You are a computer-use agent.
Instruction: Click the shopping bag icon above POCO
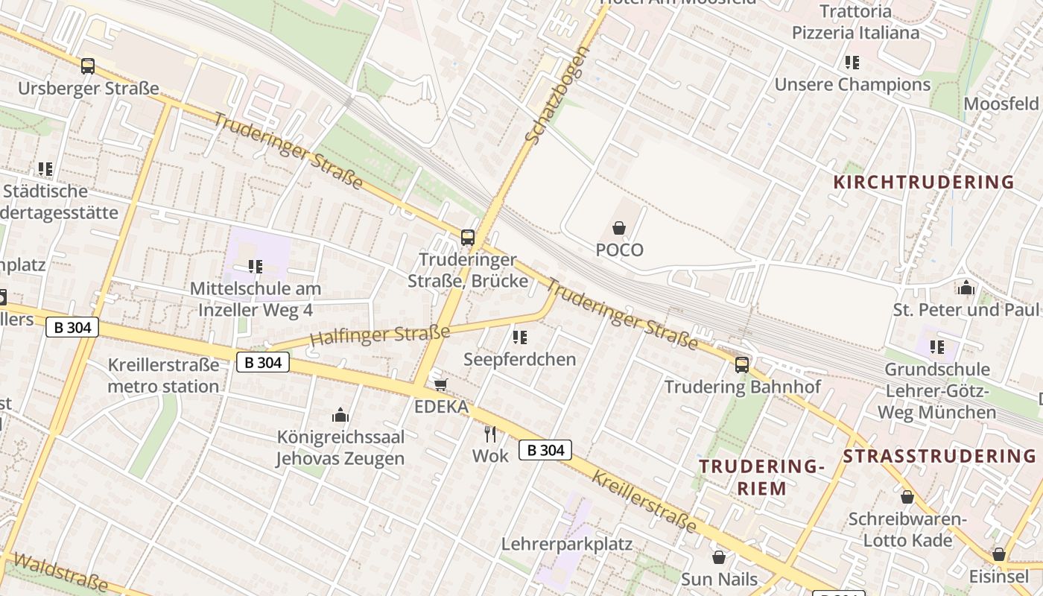618,228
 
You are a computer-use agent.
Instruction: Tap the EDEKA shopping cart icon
441,384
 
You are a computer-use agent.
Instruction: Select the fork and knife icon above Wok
490,434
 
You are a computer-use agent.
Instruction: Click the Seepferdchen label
520,359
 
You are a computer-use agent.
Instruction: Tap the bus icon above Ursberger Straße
88,66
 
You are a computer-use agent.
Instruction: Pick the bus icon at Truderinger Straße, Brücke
468,238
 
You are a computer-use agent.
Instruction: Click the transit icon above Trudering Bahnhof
742,364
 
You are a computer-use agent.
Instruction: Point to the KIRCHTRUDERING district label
923,182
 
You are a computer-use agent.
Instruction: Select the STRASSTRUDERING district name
939,456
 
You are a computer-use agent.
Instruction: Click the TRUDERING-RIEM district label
762,478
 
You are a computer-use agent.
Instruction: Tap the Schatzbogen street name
557,95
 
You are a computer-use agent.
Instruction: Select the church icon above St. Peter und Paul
966,288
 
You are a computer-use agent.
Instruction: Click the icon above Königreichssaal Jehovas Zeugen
340,415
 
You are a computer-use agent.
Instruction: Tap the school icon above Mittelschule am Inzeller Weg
256,266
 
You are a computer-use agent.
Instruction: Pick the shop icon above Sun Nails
719,557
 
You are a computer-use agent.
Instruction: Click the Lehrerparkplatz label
566,544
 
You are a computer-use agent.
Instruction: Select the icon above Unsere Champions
852,63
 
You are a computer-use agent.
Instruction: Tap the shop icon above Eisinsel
999,554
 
